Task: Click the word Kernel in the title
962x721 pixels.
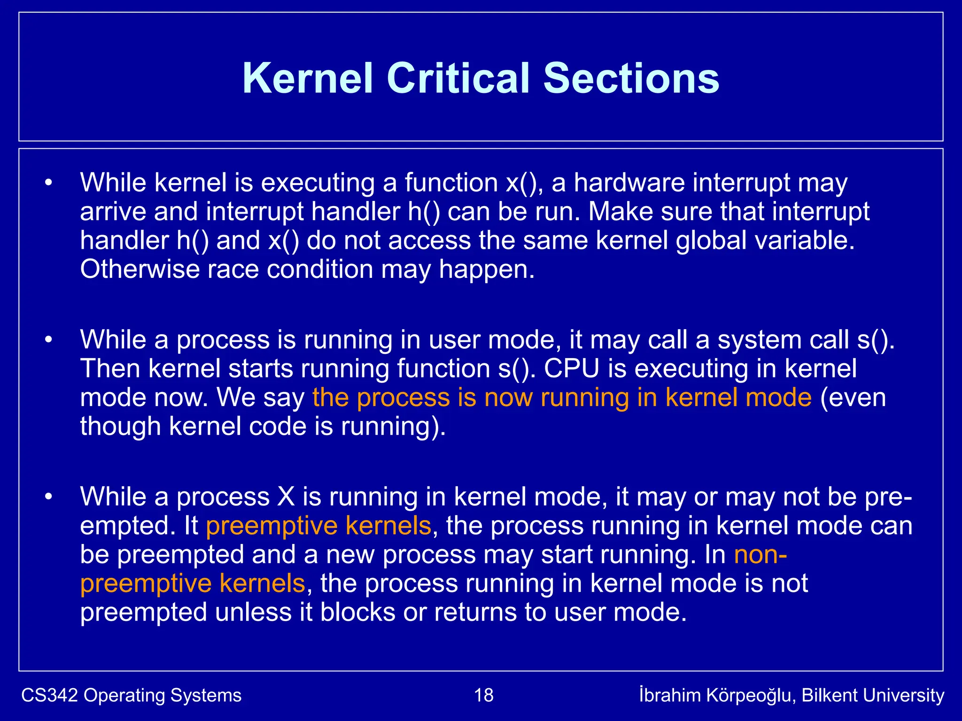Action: [308, 78]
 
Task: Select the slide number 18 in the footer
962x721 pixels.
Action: [484, 695]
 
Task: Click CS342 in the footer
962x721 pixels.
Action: [49, 695]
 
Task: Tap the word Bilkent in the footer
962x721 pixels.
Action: [829, 695]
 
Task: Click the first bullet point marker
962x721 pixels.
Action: [48, 183]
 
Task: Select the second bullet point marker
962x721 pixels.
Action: [48, 340]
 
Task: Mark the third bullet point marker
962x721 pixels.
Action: [48, 497]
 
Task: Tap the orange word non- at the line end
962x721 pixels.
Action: [760, 555]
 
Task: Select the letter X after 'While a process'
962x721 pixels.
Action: [286, 497]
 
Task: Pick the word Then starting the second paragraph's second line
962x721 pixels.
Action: [111, 369]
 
